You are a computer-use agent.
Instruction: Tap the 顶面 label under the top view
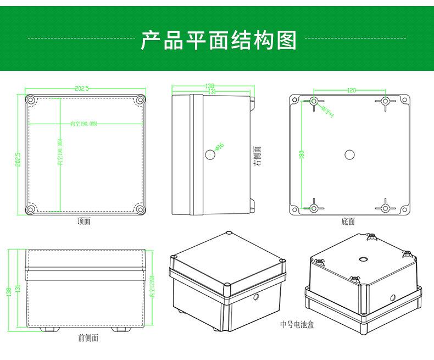(84, 221)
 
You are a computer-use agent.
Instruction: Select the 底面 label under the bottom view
(348, 221)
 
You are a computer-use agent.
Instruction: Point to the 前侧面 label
(88, 338)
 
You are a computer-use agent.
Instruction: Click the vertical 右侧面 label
(257, 156)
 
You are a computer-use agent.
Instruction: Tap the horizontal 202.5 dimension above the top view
(81, 88)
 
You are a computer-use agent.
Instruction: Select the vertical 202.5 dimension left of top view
(18, 155)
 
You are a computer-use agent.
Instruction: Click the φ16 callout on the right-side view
(220, 146)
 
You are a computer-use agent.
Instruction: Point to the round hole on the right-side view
(209, 155)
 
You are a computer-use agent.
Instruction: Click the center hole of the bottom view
(349, 154)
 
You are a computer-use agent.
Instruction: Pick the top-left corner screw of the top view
(30, 101)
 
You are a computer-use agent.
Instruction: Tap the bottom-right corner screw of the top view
(141, 209)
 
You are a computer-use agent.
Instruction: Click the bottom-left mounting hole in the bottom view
(314, 208)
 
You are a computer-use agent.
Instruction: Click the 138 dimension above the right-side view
(210, 86)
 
